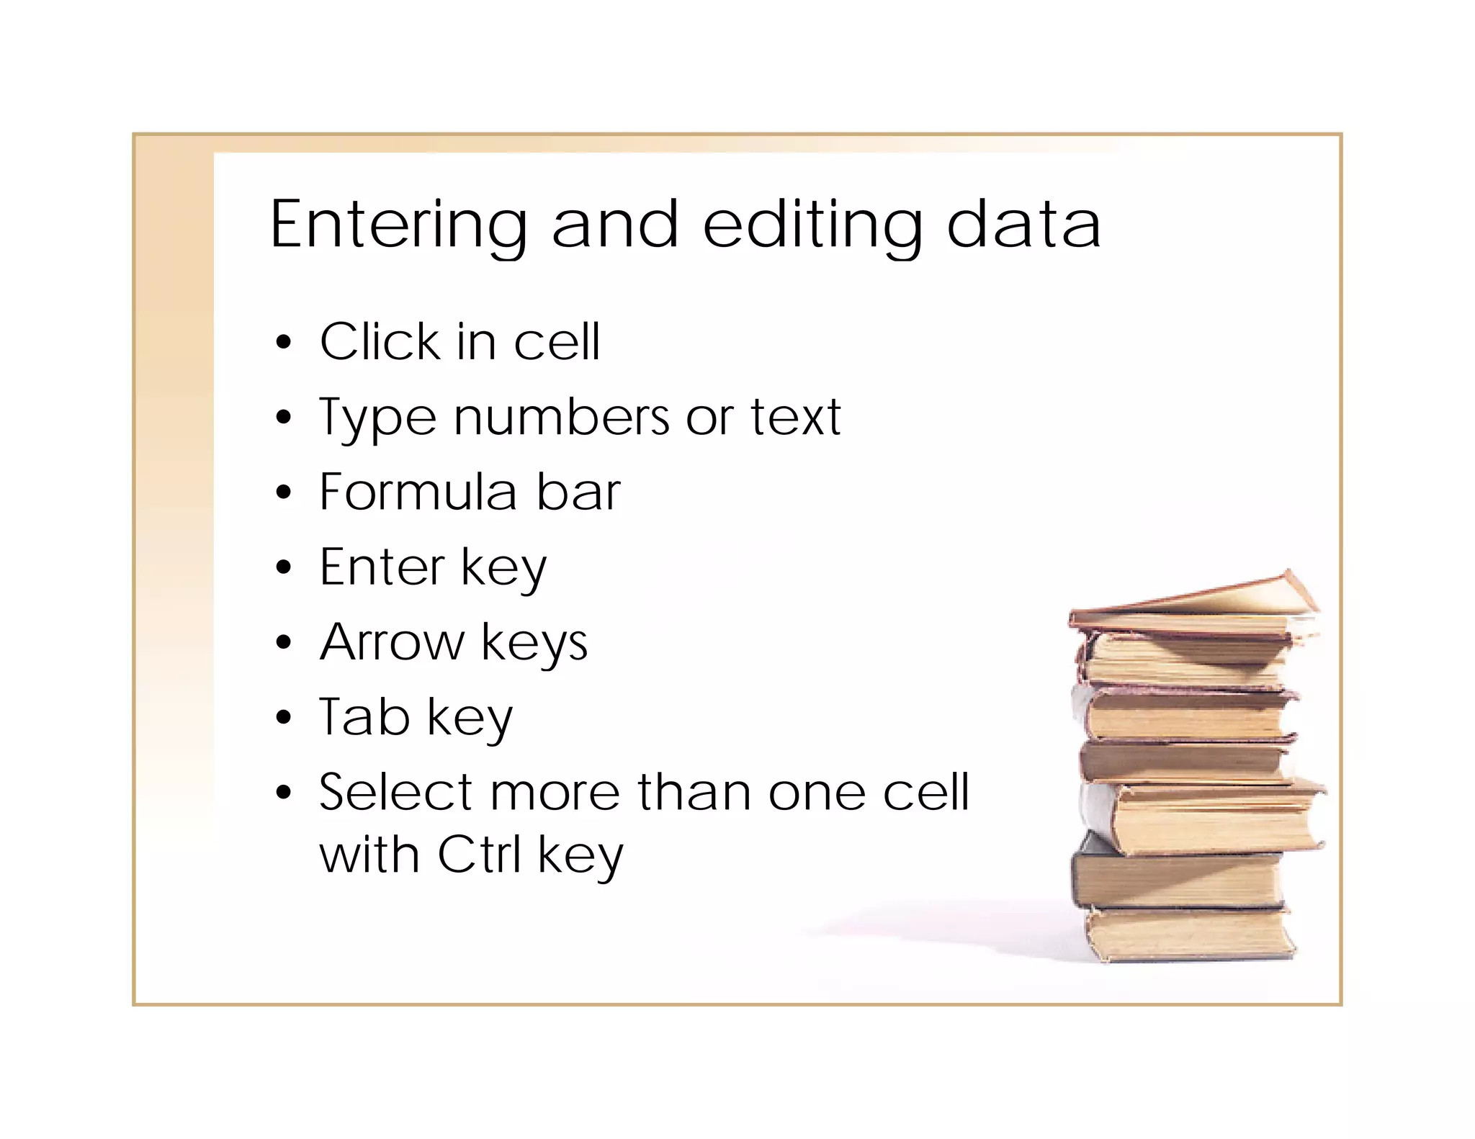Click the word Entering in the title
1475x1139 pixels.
pos(398,225)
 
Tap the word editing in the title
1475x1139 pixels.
pos(812,225)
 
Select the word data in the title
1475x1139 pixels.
pos(1023,225)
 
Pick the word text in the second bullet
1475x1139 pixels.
pos(795,418)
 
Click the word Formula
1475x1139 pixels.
pos(418,492)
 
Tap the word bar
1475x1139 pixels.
pos(578,492)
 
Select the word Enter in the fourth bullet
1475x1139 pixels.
pos(382,567)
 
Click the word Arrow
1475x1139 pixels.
pos(393,642)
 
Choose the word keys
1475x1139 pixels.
pos(534,644)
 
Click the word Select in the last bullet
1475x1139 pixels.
pos(395,792)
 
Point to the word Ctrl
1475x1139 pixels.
pos(479,855)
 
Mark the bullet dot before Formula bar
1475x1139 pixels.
pos(284,493)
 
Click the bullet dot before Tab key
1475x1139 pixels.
pos(284,718)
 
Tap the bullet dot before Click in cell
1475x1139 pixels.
pos(284,342)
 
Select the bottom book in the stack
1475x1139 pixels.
pos(1192,935)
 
